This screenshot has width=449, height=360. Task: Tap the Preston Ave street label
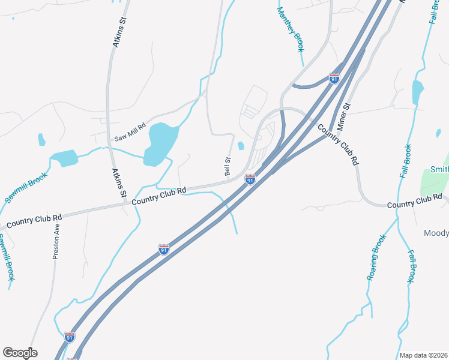click(56, 241)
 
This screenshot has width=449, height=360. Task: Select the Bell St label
click(228, 166)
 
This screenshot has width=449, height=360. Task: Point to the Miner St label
click(343, 116)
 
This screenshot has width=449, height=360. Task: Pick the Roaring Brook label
click(376, 257)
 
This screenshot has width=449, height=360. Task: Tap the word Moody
click(436, 232)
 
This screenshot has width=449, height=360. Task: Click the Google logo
click(20, 353)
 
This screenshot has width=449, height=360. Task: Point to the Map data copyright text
click(424, 355)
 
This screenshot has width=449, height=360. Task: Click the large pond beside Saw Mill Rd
click(161, 142)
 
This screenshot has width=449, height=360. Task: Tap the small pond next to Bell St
click(241, 146)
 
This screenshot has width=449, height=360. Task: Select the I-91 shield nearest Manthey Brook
click(334, 78)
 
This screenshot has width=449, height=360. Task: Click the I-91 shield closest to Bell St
click(250, 179)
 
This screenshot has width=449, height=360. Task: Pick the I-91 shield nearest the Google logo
click(69, 337)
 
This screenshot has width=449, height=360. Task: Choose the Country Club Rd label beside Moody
click(414, 202)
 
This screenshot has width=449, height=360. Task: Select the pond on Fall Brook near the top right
click(418, 92)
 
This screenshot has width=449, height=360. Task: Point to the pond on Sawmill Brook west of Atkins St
click(65, 158)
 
